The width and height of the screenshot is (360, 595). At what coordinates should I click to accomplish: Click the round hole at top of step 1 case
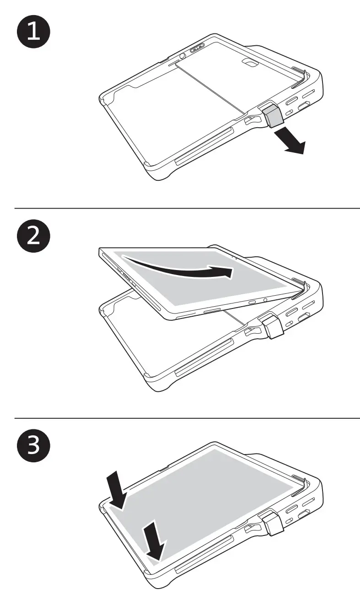click(x=182, y=56)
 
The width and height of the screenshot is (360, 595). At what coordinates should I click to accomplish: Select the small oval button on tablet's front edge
click(x=253, y=303)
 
